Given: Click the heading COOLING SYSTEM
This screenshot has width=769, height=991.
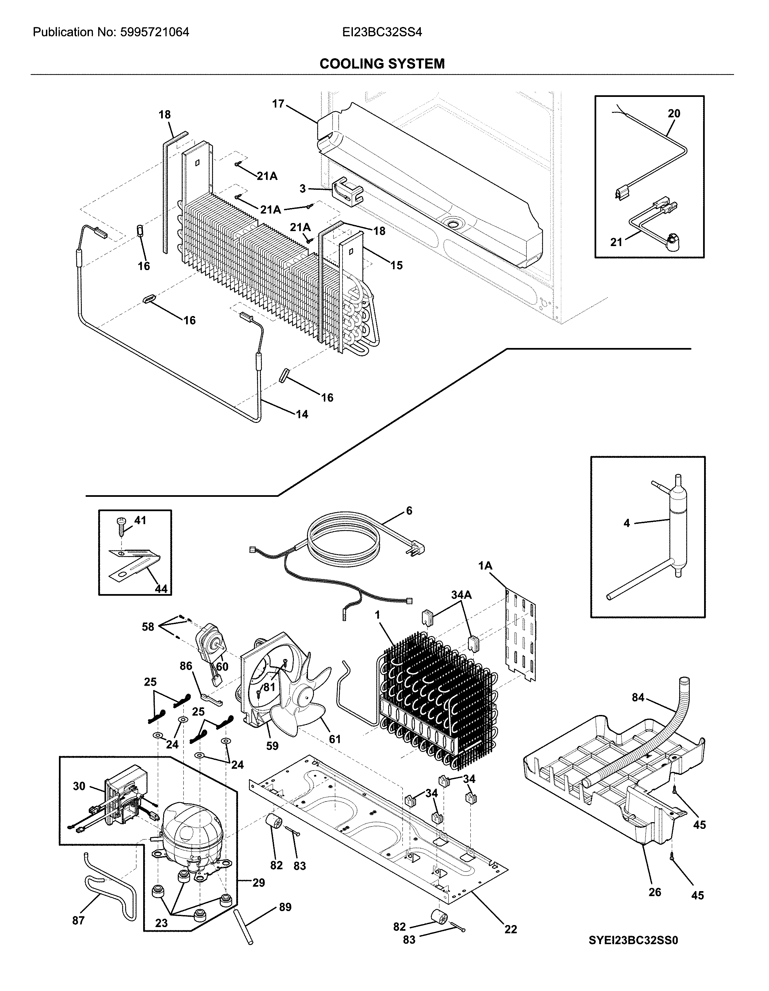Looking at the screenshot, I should click(x=382, y=64).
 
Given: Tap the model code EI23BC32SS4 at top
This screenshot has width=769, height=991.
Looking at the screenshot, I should click(x=383, y=32).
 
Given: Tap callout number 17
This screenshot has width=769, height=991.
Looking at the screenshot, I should click(x=278, y=104).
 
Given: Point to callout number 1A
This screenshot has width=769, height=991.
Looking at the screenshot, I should click(x=485, y=565).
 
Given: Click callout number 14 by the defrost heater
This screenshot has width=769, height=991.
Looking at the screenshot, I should click(x=302, y=414).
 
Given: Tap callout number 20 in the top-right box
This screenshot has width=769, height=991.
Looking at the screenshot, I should click(x=674, y=114).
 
